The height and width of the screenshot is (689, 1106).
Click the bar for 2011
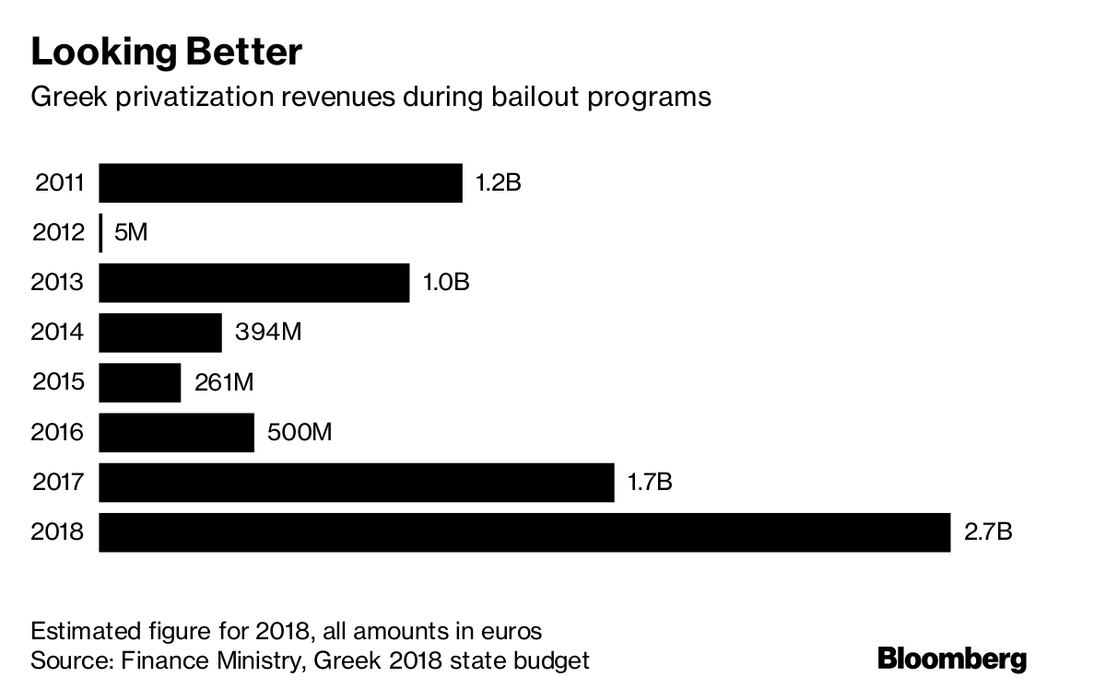click(x=280, y=183)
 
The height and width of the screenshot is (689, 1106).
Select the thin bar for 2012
click(x=100, y=233)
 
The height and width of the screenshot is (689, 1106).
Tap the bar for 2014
click(x=160, y=333)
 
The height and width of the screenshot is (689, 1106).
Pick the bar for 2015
click(x=140, y=382)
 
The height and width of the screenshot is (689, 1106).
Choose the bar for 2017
click(x=356, y=483)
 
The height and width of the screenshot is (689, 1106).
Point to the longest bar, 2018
click(x=524, y=532)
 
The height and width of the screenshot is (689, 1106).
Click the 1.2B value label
click(x=498, y=183)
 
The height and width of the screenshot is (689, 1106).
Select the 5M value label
click(x=130, y=233)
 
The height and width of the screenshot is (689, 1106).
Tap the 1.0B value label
click(x=446, y=283)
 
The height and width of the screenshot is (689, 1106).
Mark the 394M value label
click(x=268, y=333)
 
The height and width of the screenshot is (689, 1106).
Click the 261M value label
click(x=223, y=382)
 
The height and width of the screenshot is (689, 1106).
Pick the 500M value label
click(x=299, y=432)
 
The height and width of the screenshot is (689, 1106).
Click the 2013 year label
click(x=58, y=283)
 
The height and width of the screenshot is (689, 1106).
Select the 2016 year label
click(x=58, y=432)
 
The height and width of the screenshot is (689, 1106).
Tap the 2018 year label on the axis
click(x=58, y=532)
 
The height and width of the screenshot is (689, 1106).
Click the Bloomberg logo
click(x=951, y=660)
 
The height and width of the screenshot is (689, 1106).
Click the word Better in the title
click(x=243, y=53)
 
